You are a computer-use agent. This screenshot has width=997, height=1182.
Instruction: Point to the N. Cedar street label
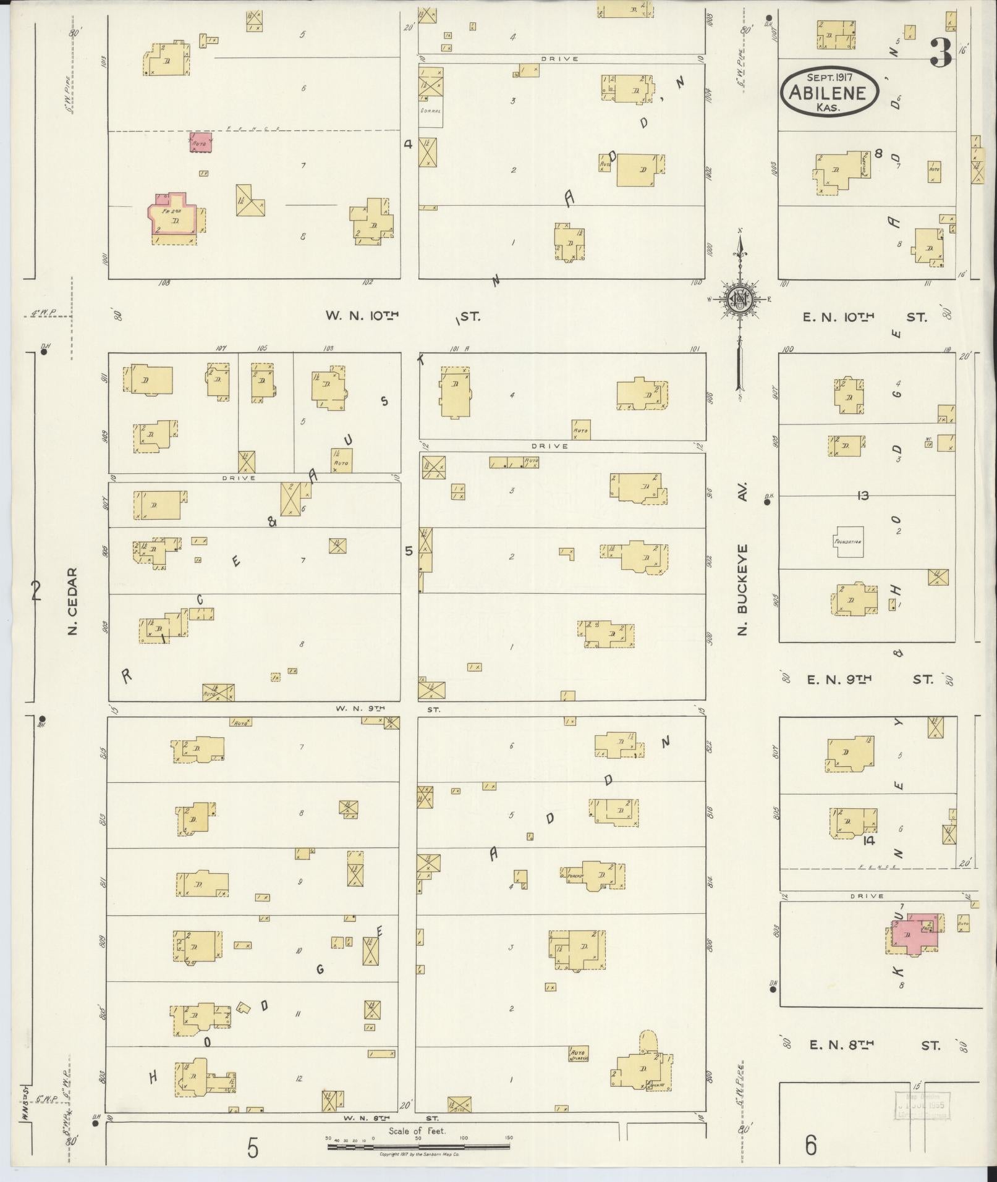pyautogui.click(x=72, y=601)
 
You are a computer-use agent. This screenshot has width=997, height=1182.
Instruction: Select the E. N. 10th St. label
pyautogui.click(x=865, y=317)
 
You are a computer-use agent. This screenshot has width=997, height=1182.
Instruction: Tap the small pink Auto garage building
pyautogui.click(x=200, y=143)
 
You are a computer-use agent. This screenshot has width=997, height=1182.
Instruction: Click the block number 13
pyautogui.click(x=863, y=496)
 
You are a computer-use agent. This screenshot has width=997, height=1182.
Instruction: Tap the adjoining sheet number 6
pyautogui.click(x=811, y=1145)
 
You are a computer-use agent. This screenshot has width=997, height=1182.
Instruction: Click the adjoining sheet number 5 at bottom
pyautogui.click(x=252, y=1148)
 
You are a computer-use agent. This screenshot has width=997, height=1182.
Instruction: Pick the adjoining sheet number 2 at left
pyautogui.click(x=36, y=592)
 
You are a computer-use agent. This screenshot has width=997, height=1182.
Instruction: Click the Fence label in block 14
pyautogui.click(x=871, y=868)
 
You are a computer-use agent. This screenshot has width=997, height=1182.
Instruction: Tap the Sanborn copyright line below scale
pyautogui.click(x=418, y=1154)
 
